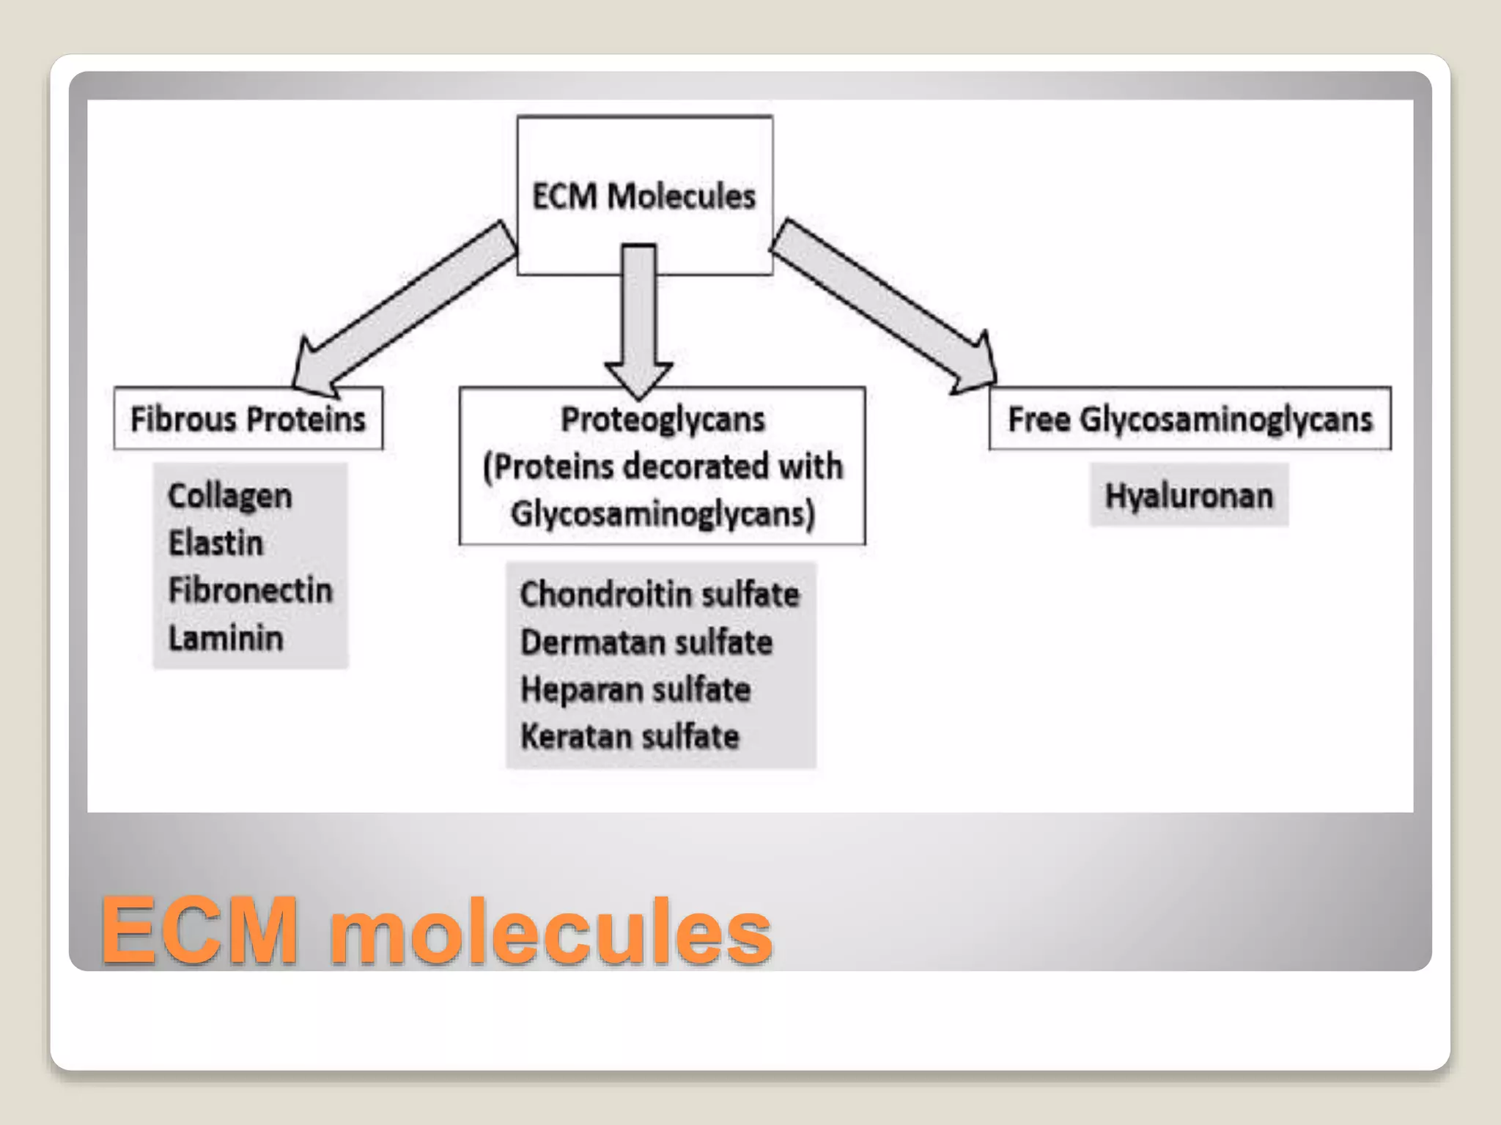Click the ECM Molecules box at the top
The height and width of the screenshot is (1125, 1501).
click(x=644, y=196)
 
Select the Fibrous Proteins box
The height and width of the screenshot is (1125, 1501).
click(x=248, y=419)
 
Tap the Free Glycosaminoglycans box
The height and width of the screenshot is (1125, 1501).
click(x=1190, y=419)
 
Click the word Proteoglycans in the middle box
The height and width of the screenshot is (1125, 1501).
click(x=663, y=420)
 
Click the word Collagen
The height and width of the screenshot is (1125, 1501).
click(x=230, y=496)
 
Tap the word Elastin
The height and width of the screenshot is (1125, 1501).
click(x=215, y=543)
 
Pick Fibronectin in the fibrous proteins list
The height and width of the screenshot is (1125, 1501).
click(x=250, y=590)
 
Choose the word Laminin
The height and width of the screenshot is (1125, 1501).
click(x=226, y=638)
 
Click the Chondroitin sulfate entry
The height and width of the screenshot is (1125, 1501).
click(x=659, y=594)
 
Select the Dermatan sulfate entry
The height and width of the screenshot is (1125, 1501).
click(x=646, y=642)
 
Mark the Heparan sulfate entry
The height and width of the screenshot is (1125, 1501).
click(x=635, y=690)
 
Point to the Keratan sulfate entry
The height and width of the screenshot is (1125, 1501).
click(x=630, y=737)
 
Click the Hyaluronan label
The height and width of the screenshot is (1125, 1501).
click(x=1189, y=496)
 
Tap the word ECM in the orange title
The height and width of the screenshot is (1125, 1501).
click(x=200, y=930)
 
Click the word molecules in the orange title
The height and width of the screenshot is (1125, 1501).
click(x=550, y=932)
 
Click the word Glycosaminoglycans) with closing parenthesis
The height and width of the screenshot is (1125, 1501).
click(x=663, y=513)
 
